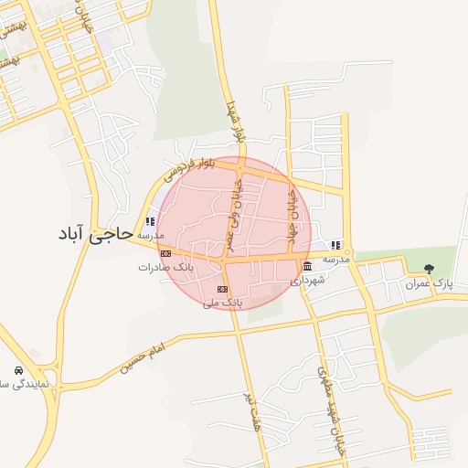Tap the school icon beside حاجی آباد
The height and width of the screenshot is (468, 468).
[150, 221]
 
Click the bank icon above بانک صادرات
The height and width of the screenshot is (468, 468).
[165, 253]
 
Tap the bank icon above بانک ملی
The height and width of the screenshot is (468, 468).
[221, 288]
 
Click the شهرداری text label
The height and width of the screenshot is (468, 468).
[308, 281]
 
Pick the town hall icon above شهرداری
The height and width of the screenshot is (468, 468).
[307, 266]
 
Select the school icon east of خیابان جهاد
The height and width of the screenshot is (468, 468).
[335, 245]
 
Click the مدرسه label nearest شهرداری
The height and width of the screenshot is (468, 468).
[337, 260]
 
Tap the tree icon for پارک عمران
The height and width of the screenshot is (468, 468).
[429, 268]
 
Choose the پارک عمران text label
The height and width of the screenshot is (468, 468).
[430, 283]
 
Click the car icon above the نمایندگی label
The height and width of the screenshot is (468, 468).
[19, 371]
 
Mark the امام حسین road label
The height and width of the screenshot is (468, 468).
[144, 359]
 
